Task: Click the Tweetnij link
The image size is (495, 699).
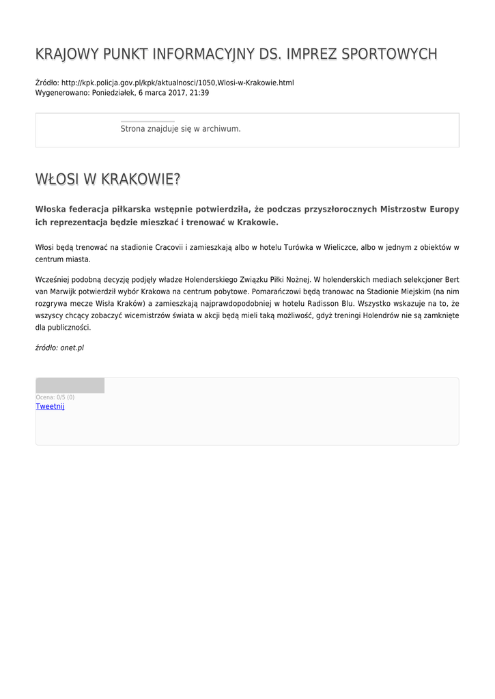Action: pos(50,406)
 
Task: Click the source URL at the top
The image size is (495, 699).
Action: pos(178,83)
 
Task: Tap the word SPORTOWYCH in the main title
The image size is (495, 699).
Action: pos(392,54)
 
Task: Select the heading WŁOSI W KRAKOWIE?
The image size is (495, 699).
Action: pos(108,180)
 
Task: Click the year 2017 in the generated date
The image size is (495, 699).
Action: pos(178,93)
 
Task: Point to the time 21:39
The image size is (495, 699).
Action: pos(199,93)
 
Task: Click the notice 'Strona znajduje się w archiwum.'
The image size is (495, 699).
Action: pos(180,128)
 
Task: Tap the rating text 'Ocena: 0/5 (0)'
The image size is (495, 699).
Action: pos(55,397)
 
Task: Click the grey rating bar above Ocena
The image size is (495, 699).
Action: pos(70,386)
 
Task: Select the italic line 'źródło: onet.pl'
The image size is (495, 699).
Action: pos(59,347)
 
